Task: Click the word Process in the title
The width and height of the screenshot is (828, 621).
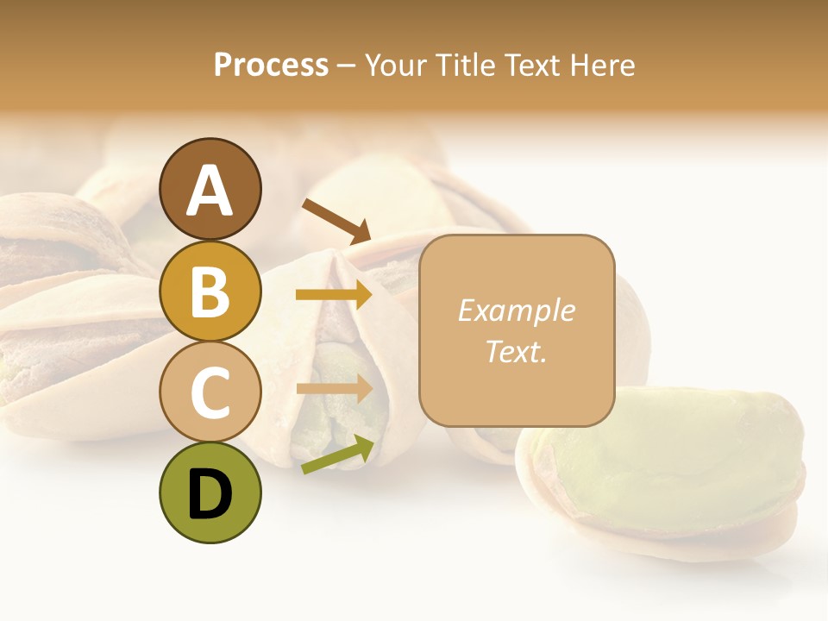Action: pos(271,65)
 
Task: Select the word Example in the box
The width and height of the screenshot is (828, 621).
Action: pos(516,310)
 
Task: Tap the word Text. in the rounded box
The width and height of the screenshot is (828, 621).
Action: pos(516,351)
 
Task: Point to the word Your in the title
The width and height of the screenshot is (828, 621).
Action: pos(395,65)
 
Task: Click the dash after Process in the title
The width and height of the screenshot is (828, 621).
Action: pos(348,66)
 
